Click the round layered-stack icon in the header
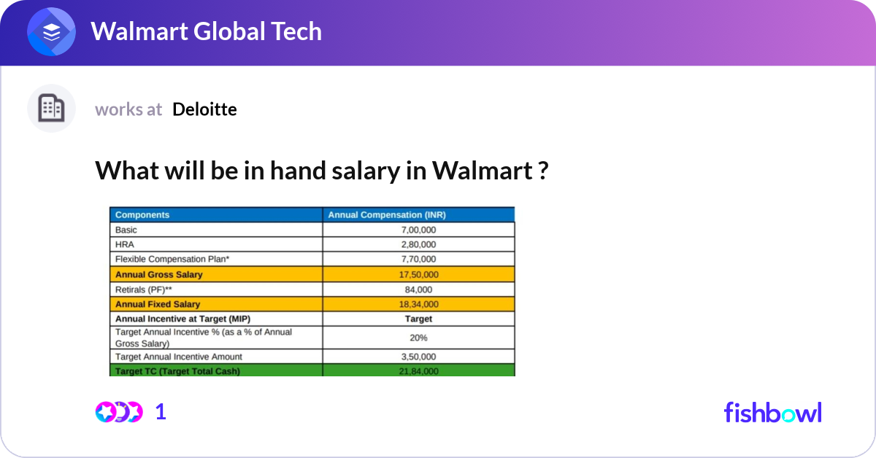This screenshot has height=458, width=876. [51, 31]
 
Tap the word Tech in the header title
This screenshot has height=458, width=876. [296, 31]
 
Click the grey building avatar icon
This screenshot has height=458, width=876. [51, 108]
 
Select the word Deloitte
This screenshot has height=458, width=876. [204, 109]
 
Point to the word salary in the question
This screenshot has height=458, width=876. [366, 171]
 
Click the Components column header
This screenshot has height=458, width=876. [142, 215]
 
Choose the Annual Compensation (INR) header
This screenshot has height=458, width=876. [387, 215]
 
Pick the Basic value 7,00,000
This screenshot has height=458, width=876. [418, 230]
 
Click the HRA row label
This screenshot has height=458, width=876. [125, 244]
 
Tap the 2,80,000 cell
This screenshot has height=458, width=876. [418, 244]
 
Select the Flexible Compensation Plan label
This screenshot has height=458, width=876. [172, 259]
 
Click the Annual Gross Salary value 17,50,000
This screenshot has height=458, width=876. [418, 275]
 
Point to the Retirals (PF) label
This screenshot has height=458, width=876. [144, 290]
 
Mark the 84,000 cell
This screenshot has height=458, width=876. [418, 290]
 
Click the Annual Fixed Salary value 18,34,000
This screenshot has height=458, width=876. [418, 304]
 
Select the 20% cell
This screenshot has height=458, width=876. [418, 338]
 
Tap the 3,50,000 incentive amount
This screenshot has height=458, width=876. [418, 357]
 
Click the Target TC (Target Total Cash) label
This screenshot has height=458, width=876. [177, 371]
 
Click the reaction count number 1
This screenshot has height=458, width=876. [161, 412]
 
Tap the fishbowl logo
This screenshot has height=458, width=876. [773, 412]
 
